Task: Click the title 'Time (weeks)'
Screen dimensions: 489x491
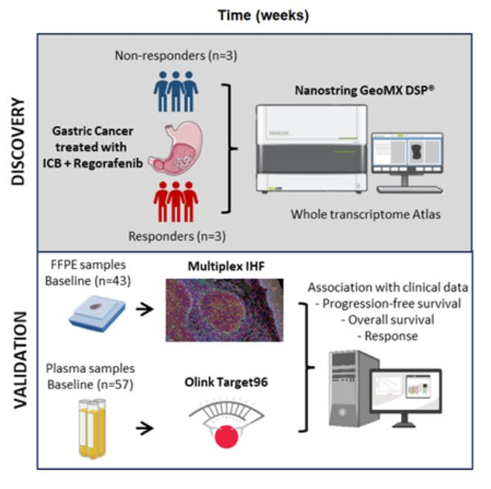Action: click(254, 14)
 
